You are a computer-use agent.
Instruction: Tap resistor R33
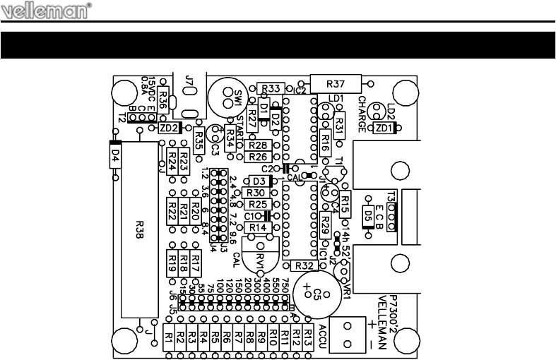pos(272,88)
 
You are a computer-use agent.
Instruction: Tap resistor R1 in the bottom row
pos(170,338)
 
